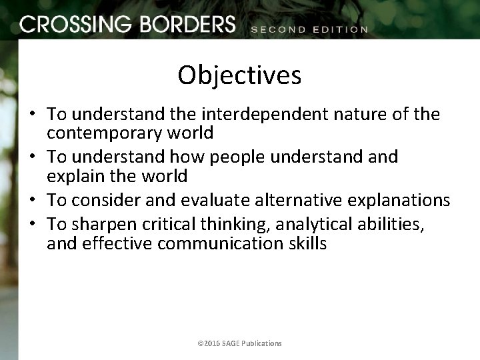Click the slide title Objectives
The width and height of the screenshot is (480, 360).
[239, 75]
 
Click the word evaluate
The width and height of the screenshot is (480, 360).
[223, 201]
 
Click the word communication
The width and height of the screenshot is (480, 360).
[225, 243]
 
